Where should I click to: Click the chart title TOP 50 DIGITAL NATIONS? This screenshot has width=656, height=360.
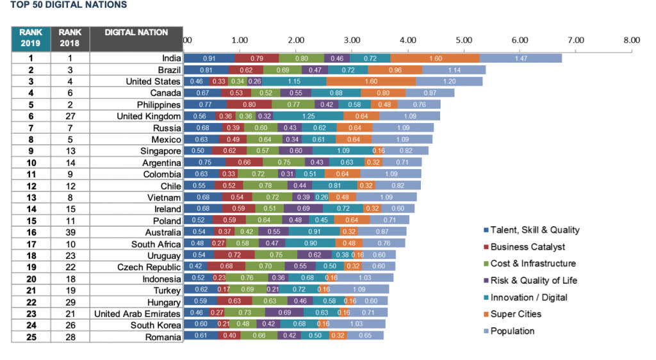69,5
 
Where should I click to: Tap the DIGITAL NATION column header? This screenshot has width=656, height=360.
136,33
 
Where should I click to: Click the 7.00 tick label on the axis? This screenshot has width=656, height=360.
575,40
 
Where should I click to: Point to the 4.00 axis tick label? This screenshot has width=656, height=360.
408,40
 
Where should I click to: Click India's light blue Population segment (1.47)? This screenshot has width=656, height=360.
520,58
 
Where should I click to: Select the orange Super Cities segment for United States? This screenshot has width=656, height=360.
371,81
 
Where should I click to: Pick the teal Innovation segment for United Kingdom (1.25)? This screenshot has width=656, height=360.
308,116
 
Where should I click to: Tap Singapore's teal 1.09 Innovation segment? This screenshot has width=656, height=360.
342,151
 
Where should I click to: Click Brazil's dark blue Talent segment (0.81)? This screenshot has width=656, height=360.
206,70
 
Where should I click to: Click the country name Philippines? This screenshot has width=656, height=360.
158,104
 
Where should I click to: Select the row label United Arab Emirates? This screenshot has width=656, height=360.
137,314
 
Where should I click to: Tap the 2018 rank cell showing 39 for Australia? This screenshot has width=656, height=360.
70,232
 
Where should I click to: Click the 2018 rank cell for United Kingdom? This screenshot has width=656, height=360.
70,116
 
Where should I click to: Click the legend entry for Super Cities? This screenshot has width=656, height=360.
516,314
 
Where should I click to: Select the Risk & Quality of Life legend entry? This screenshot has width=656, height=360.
534,280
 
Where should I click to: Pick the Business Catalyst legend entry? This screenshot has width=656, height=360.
527,247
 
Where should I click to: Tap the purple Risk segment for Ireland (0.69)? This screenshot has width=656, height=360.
303,209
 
